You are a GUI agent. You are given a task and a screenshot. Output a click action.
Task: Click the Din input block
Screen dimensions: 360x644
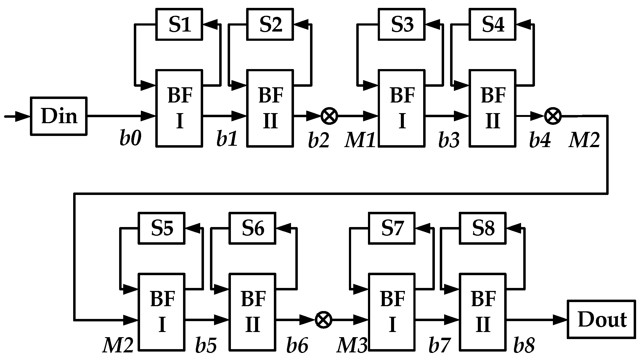[58, 116]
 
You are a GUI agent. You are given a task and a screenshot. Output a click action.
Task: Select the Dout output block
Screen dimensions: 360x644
[601, 319]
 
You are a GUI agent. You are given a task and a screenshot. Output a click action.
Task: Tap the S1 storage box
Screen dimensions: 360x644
[179, 24]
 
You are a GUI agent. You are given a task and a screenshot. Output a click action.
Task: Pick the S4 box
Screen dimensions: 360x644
[493, 24]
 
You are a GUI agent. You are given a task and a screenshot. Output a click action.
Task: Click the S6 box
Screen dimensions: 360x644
[253, 228]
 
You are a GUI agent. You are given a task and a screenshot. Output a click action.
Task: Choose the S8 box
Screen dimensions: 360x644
[483, 228]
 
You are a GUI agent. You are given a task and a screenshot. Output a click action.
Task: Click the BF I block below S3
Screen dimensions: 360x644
[401, 108]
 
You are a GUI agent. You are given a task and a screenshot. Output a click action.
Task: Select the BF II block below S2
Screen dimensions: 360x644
[270, 108]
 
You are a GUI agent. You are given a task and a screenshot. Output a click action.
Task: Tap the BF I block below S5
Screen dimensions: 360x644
[162, 312]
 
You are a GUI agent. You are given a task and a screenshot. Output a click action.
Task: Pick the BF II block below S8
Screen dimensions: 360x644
[483, 312]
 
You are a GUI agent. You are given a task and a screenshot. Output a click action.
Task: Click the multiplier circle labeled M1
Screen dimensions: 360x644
[329, 116]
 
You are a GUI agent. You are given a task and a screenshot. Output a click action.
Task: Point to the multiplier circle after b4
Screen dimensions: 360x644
[553, 116]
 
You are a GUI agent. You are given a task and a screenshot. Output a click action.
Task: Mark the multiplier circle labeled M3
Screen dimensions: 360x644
[323, 319]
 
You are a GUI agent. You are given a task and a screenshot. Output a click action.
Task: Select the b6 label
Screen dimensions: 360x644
[297, 346]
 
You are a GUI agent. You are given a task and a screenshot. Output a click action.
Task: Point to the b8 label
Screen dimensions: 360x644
[524, 346]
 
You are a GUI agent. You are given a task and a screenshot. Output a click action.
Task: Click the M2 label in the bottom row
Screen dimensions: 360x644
[118, 346]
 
